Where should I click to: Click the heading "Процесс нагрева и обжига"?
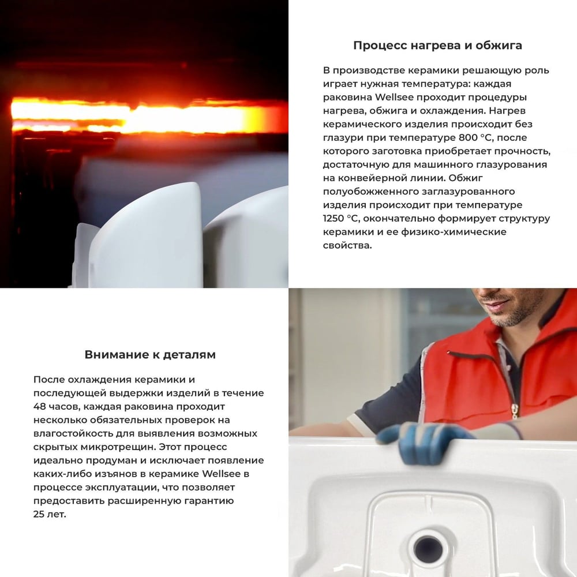coord(437,46)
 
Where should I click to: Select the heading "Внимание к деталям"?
coord(150,354)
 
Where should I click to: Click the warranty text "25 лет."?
coord(50,514)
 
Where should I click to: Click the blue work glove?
coord(425,440)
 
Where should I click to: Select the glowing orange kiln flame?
coord(144,115)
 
